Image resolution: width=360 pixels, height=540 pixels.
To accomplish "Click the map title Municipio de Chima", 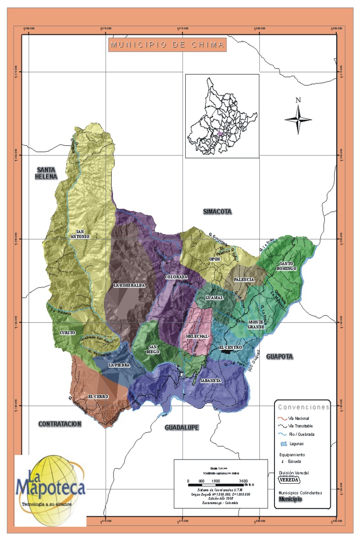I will click(x=167, y=45).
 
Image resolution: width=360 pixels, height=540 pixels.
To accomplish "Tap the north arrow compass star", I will click(x=298, y=119).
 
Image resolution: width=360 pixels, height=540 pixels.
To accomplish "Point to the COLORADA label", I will click(x=176, y=277).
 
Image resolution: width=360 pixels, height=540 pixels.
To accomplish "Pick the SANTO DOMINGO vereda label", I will click(x=288, y=266).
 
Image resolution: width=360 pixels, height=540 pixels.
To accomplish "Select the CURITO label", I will click(x=68, y=333).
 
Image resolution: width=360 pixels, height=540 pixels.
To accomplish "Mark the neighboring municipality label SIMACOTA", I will click(x=217, y=212).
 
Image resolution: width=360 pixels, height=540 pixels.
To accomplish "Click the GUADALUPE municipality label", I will click(x=182, y=427).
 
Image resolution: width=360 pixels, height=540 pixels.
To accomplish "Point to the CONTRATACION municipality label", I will click(x=60, y=424).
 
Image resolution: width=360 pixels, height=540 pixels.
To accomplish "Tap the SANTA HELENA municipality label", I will click(x=47, y=173).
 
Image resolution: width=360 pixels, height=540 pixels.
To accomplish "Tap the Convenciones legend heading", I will click(x=304, y=406).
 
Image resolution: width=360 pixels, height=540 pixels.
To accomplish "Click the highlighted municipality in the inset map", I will click(x=220, y=134).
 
